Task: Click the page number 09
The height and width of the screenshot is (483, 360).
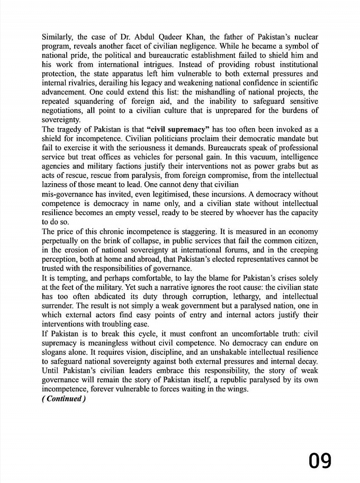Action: click(321, 461)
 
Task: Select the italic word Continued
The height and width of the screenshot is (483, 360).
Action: click(63, 399)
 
